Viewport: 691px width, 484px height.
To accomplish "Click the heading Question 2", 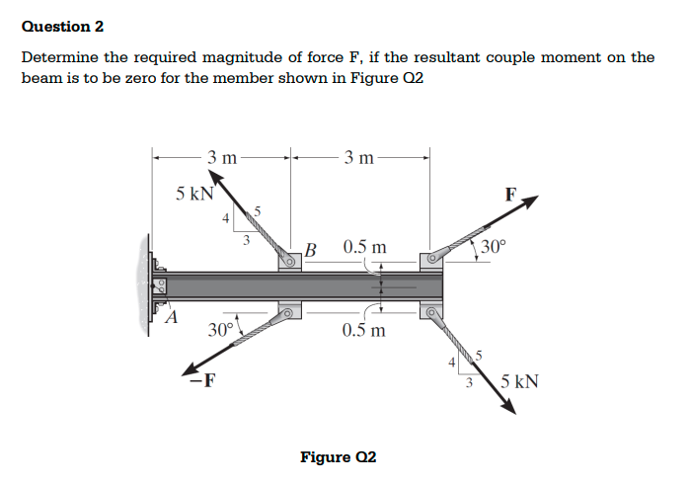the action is pos(62,26).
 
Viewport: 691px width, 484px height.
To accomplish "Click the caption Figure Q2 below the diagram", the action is pos(338,457).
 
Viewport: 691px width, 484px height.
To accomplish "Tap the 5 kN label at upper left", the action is pos(192,194).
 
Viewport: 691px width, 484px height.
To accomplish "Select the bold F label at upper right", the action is pos(510,194).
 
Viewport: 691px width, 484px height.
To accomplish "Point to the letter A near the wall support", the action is pos(174,319).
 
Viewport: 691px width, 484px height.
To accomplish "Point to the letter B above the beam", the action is pos(311,247).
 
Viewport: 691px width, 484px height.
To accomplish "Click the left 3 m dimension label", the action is pos(222,156).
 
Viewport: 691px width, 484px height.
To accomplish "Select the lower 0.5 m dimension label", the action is pos(365,330).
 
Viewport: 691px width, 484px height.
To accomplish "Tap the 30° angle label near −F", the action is pos(220,329).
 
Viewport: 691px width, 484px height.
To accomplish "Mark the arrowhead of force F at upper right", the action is pos(532,202).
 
